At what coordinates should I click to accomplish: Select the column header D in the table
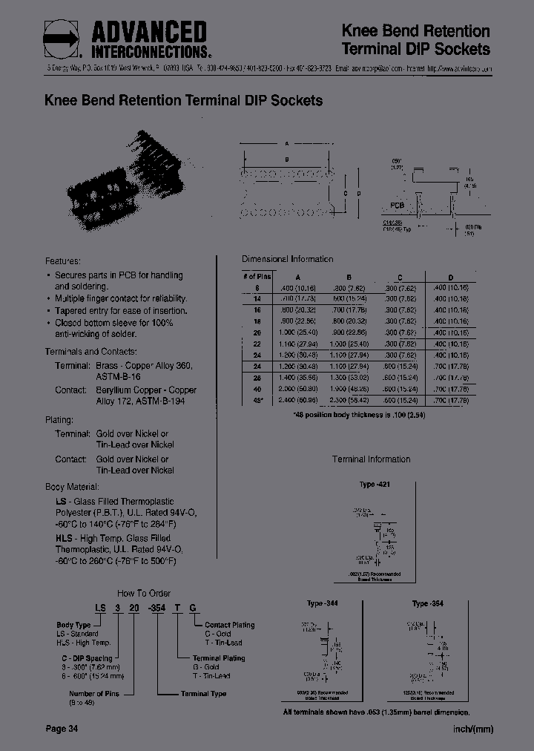click(451, 275)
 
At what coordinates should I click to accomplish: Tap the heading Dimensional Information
click(288, 259)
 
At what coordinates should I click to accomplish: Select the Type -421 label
click(375, 484)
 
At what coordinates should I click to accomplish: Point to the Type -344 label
click(322, 603)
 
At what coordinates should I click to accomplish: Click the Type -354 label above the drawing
click(427, 603)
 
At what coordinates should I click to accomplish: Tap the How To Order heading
click(145, 592)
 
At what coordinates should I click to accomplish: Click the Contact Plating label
click(229, 625)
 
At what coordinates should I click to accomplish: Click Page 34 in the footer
click(62, 729)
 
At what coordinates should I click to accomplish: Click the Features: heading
click(62, 261)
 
